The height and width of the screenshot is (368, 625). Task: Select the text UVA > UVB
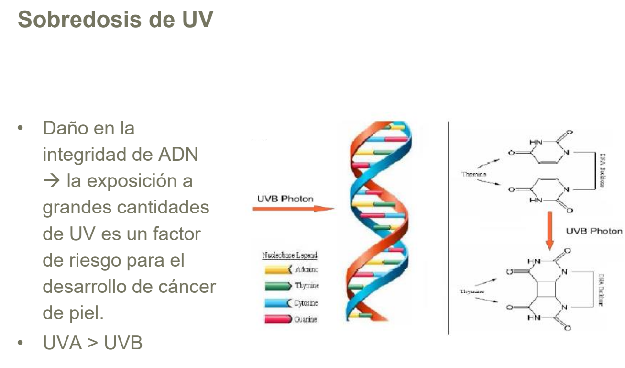point(92,343)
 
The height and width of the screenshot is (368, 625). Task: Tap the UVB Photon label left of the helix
point(285,198)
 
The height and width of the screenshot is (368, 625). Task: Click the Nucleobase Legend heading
point(290,256)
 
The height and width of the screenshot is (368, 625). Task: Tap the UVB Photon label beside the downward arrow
point(594,231)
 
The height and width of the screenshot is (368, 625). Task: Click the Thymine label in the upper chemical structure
point(474,174)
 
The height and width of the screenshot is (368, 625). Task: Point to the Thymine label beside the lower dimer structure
point(472,291)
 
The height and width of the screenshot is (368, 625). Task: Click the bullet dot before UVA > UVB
point(21,343)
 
